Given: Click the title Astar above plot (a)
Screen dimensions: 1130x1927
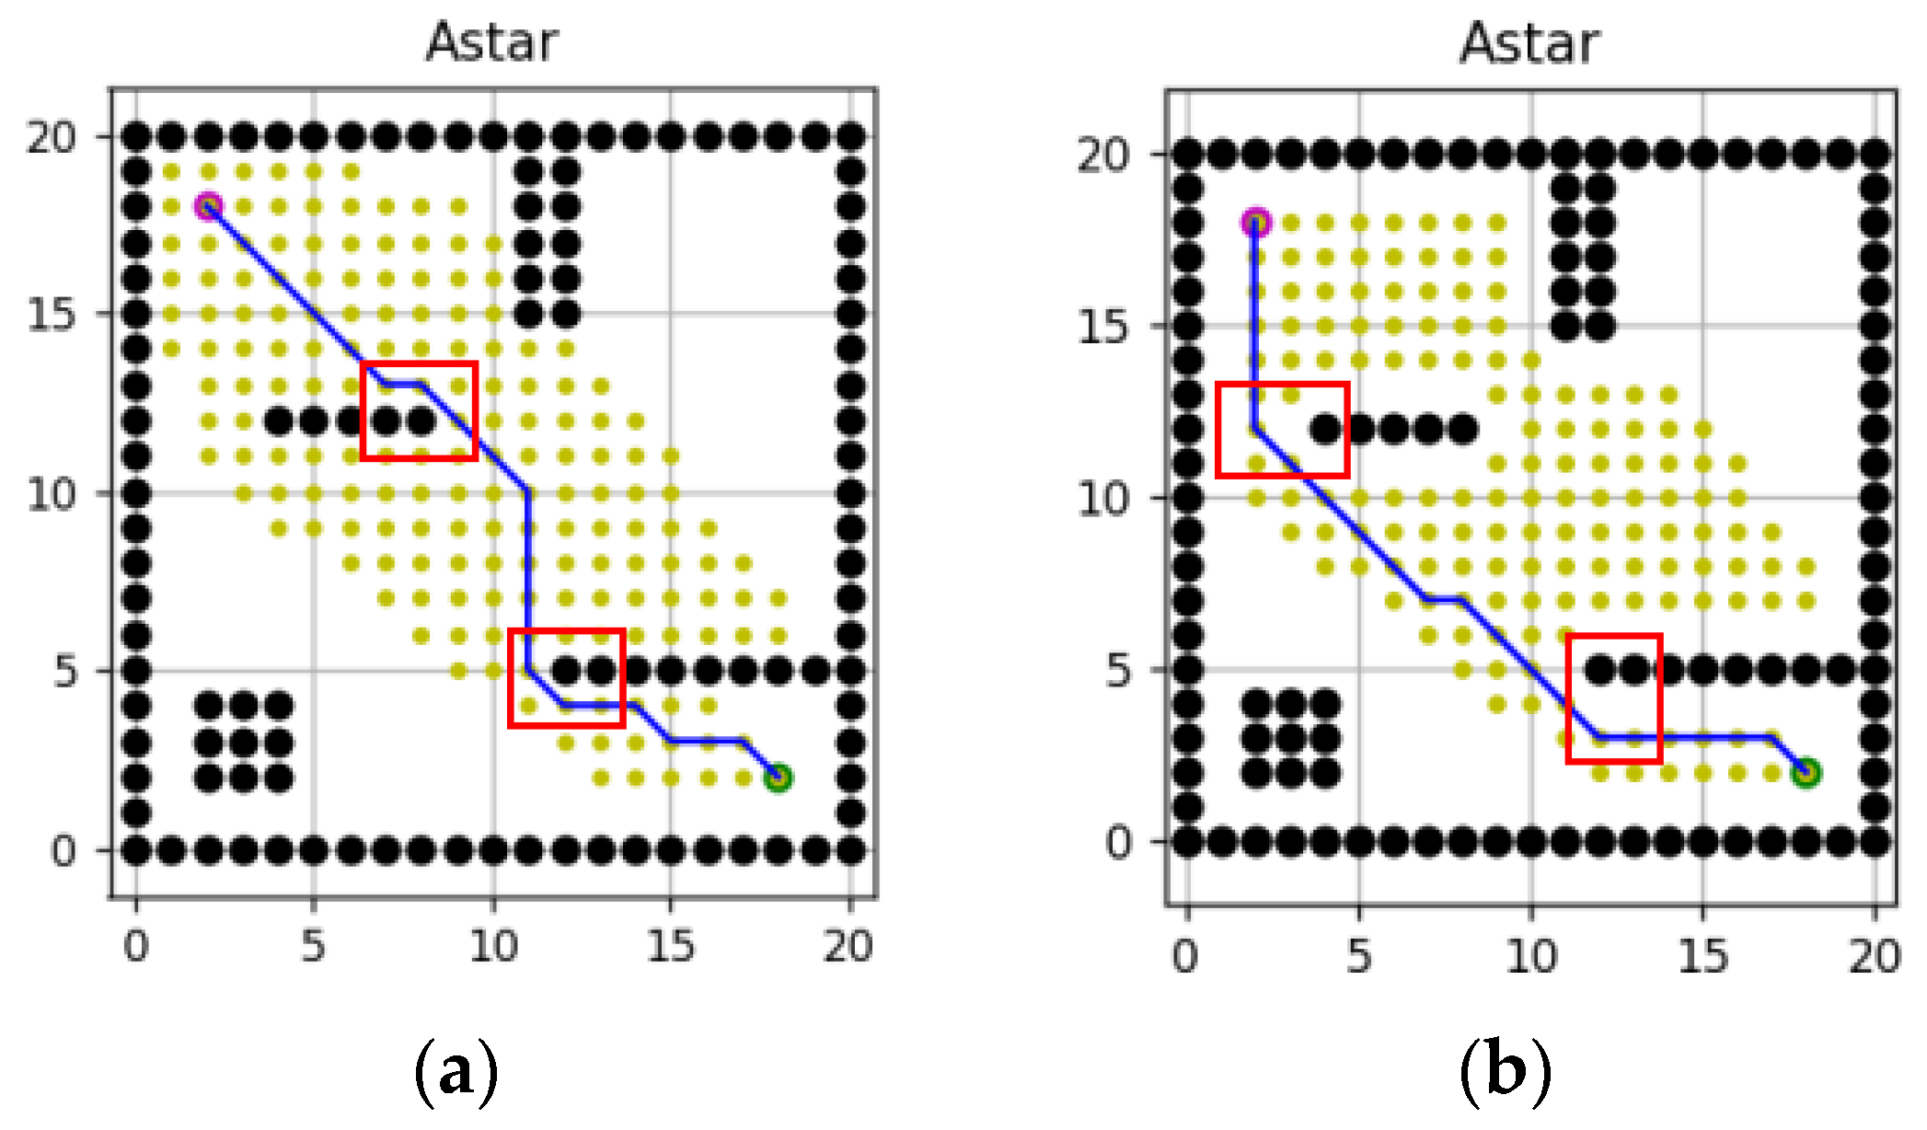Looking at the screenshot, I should tap(492, 42).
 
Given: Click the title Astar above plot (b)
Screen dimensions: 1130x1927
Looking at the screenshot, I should tap(1529, 43).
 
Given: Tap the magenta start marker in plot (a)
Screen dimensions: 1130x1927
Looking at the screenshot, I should tap(209, 206).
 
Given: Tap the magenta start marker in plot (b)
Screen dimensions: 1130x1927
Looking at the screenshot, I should tap(1256, 223).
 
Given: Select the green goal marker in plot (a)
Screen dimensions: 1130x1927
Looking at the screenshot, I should tap(778, 778).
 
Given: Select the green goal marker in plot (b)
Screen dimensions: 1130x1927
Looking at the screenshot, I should tap(1806, 773).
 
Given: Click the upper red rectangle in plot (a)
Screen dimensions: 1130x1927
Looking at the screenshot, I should tap(419, 410).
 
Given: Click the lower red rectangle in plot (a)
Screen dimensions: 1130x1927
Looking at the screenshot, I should tap(567, 678).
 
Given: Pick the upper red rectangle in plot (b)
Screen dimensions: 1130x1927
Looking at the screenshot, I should tap(1283, 430).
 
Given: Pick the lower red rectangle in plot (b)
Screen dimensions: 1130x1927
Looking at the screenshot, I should tap(1614, 698).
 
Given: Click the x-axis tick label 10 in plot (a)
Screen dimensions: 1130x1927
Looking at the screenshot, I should tap(493, 945).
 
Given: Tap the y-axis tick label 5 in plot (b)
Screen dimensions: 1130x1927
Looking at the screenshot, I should tap(1117, 671).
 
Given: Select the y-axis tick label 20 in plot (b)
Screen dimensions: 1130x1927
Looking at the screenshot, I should tap(1103, 155).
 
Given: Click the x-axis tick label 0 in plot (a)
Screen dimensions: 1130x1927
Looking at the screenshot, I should tap(136, 945).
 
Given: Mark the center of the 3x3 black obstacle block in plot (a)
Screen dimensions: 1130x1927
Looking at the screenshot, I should tap(244, 743).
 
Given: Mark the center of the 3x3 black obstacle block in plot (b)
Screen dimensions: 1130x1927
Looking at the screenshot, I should tap(1290, 739).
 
